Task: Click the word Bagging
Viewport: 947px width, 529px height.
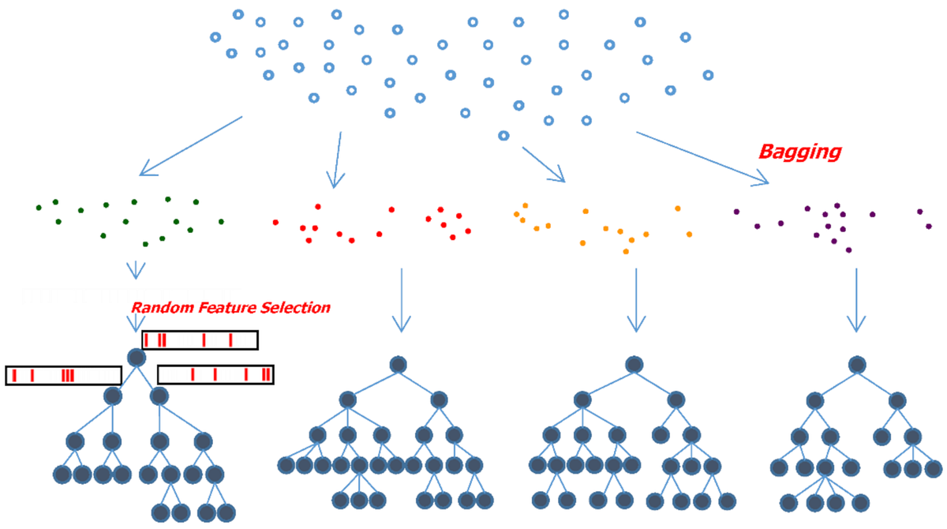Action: tap(799, 152)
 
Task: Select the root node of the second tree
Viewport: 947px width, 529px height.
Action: tap(399, 364)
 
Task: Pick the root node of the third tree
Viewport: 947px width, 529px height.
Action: tap(634, 364)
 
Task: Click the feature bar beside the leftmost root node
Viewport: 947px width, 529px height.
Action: tap(199, 340)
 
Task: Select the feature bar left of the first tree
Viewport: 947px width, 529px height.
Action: tap(63, 375)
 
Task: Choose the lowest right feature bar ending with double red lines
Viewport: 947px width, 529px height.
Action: tap(215, 374)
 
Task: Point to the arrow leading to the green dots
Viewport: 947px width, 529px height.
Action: tap(189, 146)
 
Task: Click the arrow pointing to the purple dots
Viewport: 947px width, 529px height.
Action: tap(702, 158)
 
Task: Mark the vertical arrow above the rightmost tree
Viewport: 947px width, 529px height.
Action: tap(856, 300)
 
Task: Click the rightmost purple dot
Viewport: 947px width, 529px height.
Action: tap(929, 226)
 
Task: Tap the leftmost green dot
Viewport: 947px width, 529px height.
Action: tap(39, 208)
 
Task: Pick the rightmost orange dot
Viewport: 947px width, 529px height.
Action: tap(689, 234)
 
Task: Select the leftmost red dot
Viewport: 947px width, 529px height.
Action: tap(275, 222)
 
